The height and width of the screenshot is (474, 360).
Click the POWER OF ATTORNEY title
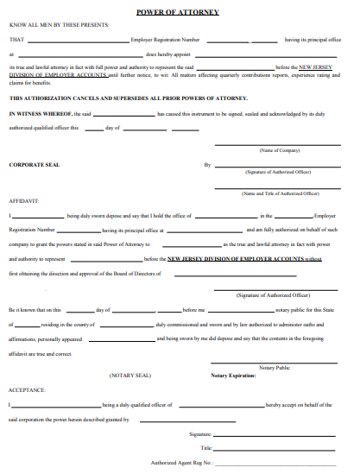coord(178,12)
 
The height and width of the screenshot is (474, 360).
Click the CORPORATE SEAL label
coord(34,164)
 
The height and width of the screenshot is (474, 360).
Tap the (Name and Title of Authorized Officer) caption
coord(280,194)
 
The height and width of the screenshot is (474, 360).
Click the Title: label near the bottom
coord(205,448)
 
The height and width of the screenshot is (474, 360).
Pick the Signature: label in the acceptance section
coord(200,434)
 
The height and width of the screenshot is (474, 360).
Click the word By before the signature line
coord(207,164)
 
